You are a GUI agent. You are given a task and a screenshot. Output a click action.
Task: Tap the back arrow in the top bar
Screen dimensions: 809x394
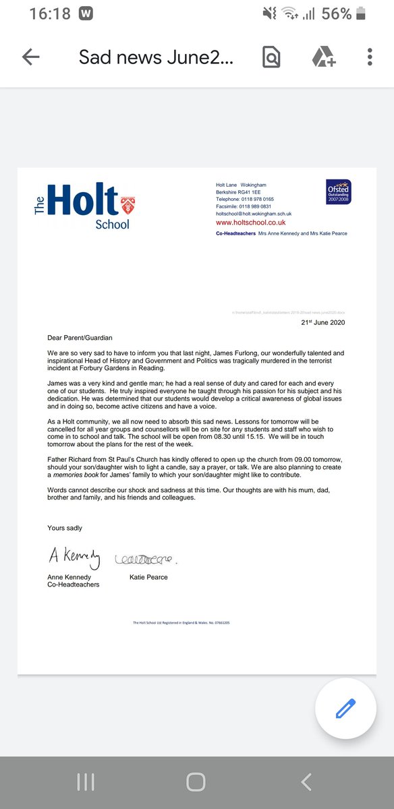[31, 57]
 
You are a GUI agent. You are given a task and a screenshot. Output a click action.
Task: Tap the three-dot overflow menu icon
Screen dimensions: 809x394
[370, 57]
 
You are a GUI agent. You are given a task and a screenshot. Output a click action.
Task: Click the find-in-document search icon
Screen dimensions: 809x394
[271, 57]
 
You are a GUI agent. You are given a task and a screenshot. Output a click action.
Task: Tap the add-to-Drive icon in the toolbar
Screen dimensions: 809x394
[323, 57]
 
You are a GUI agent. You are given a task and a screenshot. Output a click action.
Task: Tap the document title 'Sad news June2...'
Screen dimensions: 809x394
[157, 57]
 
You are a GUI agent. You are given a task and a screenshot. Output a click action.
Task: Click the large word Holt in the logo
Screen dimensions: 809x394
[82, 200]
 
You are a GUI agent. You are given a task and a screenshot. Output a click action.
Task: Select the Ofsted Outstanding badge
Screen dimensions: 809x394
[339, 191]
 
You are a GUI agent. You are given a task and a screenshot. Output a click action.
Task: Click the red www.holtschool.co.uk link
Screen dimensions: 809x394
[250, 222]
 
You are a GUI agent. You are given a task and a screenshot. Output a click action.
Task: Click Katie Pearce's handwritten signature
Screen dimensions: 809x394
[145, 558]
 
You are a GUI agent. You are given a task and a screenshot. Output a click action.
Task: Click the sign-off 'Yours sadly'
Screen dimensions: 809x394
[65, 527]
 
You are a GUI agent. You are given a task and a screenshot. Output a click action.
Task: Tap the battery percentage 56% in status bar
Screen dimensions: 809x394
[336, 13]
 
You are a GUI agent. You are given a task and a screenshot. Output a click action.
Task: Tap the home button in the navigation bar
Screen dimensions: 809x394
[196, 782]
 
